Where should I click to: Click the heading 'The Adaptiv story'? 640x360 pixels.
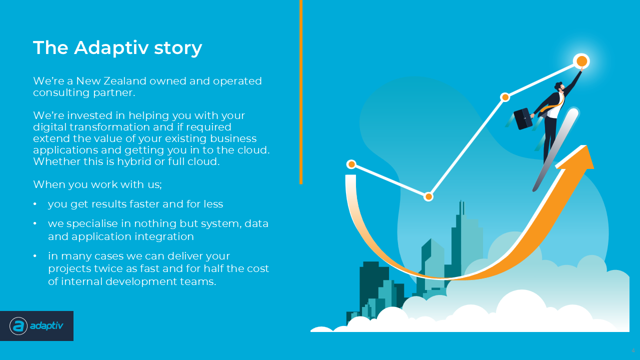click(117, 47)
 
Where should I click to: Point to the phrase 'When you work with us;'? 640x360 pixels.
click(97, 184)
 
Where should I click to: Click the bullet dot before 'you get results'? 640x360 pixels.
click(35, 204)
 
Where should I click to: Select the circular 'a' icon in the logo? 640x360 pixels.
click(18, 326)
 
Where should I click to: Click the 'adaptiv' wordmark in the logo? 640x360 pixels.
click(46, 326)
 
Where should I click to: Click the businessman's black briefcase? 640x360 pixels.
click(523, 119)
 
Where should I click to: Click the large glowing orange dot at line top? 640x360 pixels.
click(581, 61)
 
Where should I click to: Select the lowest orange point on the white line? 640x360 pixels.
click(428, 196)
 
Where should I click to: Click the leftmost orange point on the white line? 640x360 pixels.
click(351, 164)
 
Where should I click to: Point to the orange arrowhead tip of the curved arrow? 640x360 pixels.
click(586, 145)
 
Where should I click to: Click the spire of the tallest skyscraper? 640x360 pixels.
click(461, 207)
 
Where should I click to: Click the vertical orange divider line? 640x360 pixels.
click(301, 92)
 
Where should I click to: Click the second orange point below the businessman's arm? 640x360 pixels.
click(505, 97)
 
